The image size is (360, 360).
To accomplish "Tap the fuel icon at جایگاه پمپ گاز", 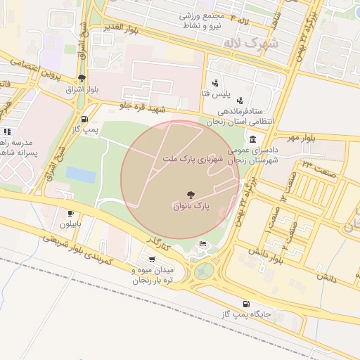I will point(245,304).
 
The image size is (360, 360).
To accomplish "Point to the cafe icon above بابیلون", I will point(70,213).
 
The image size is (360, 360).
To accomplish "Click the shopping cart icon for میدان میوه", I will point(153,259).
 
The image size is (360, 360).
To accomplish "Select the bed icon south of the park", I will point(203,244).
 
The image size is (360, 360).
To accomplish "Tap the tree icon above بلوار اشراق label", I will point(82,78).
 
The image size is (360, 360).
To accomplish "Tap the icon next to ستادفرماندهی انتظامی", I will point(240,101).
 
